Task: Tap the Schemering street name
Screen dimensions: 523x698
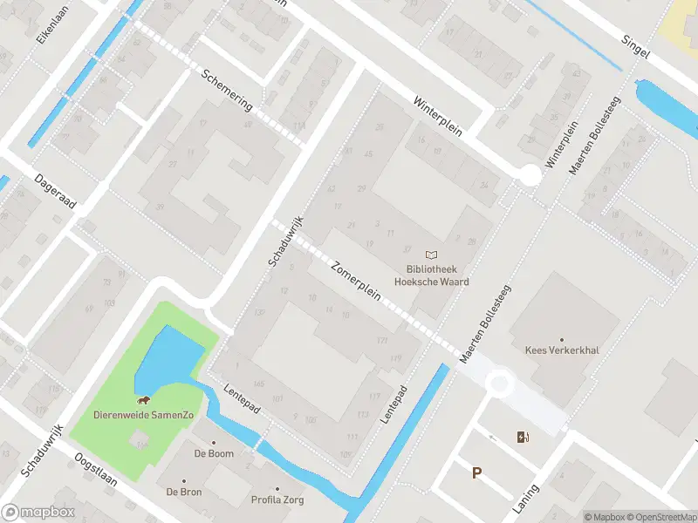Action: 227,90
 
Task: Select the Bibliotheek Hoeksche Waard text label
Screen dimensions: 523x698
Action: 431,275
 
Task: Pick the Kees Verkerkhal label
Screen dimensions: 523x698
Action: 561,350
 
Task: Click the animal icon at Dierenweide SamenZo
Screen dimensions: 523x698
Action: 142,401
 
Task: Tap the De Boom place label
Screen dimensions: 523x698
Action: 213,453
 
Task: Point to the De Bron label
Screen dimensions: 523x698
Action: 184,492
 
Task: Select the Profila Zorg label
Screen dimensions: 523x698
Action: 277,500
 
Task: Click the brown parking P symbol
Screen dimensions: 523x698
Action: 476,473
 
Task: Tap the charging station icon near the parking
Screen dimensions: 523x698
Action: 523,437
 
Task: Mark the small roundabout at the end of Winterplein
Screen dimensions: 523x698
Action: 530,176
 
